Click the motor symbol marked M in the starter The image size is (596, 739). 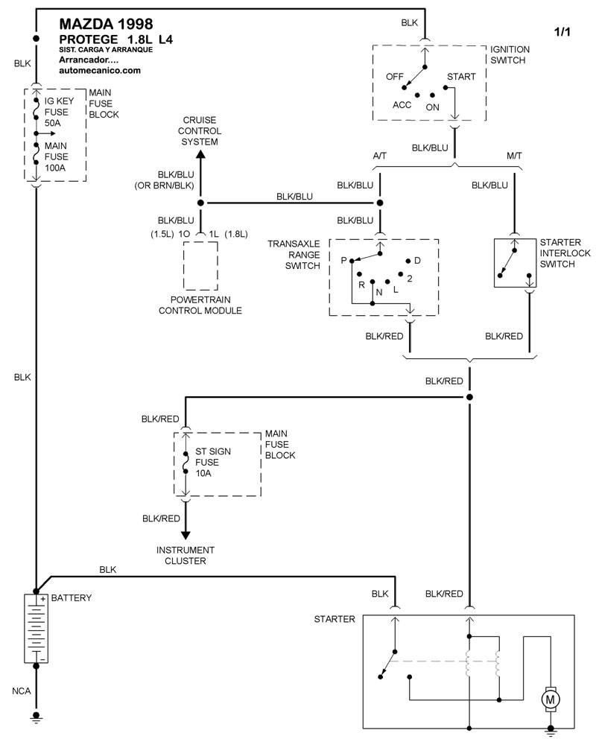(x=551, y=698)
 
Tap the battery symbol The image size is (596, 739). (x=36, y=629)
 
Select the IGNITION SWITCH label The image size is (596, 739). (x=516, y=54)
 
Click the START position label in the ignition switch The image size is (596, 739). (x=460, y=77)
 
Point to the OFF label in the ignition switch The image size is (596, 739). (x=394, y=77)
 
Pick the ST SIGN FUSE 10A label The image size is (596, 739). (x=209, y=461)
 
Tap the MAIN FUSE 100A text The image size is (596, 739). (x=57, y=156)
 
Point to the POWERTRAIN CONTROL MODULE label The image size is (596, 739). (x=200, y=305)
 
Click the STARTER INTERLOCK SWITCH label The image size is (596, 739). (x=559, y=253)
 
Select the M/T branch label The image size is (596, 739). (x=515, y=156)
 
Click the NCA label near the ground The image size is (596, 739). (x=22, y=691)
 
